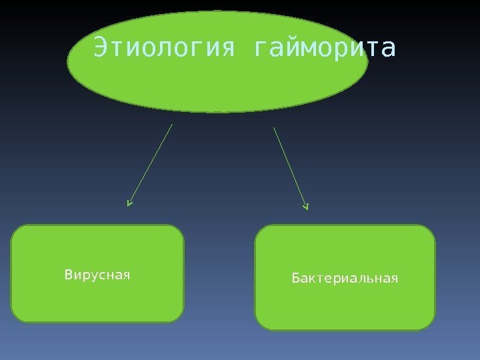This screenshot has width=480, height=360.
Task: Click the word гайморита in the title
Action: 325,48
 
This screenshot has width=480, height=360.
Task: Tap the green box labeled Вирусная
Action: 97,300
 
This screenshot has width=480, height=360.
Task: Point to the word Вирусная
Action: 97,274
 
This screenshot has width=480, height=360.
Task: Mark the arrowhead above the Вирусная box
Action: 129,203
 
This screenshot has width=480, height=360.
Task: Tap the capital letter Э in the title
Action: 101,48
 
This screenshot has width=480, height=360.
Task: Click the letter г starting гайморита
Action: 262,49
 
